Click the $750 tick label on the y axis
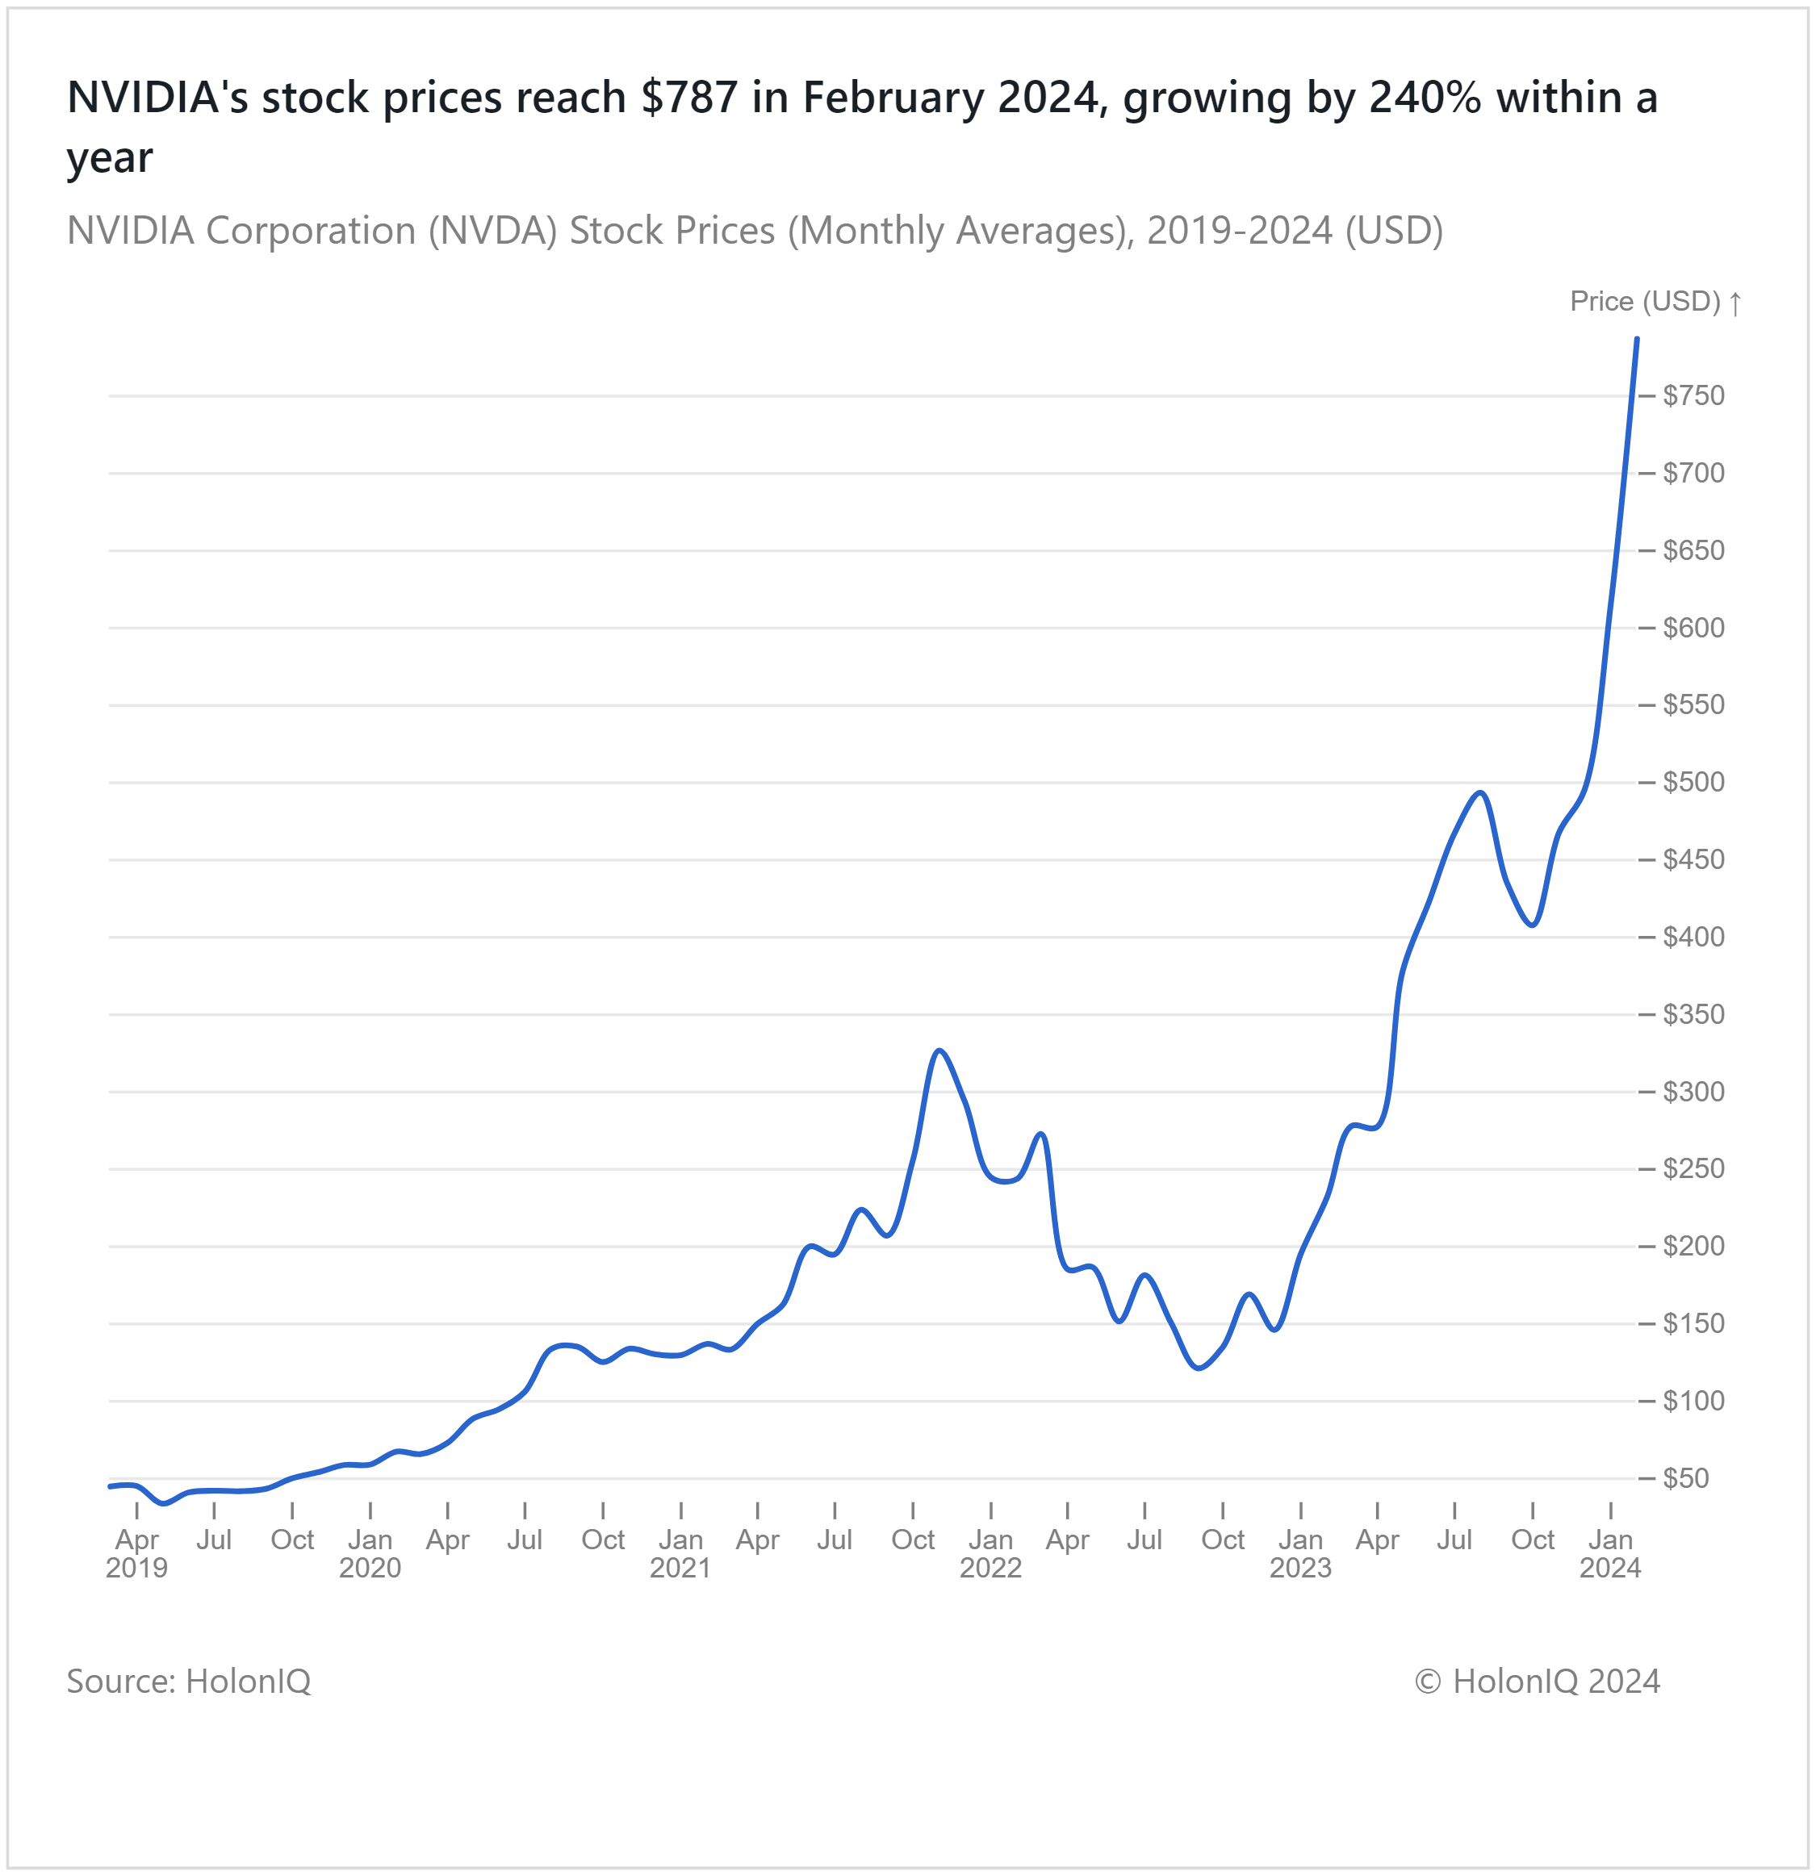[1693, 395]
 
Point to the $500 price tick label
[1693, 782]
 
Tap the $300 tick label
[1693, 1091]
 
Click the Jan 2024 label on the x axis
[1609, 1553]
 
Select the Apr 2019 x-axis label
[137, 1553]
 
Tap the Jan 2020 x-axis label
[370, 1553]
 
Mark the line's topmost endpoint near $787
[1636, 339]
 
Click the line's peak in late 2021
[940, 1051]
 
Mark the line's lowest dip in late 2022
[1199, 1368]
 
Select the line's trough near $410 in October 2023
[1533, 925]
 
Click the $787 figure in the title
[689, 98]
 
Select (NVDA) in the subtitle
[492, 231]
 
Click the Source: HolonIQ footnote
[189, 1681]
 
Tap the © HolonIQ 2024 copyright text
[1537, 1681]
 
